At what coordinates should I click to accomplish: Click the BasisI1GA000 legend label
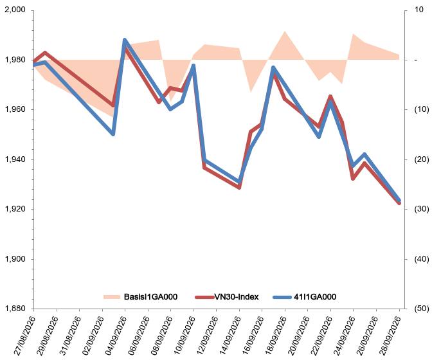(x=150, y=296)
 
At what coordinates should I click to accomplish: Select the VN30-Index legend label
(x=237, y=296)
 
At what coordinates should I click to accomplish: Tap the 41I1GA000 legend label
(x=315, y=296)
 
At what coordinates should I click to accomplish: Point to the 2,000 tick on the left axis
(x=15, y=10)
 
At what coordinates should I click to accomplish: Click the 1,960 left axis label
(x=15, y=109)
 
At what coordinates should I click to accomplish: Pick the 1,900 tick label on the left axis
(x=15, y=259)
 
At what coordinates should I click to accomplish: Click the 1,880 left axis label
(x=15, y=309)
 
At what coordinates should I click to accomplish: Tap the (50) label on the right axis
(x=422, y=309)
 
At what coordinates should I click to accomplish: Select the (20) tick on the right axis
(x=422, y=159)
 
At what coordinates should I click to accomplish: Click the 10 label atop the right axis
(x=419, y=10)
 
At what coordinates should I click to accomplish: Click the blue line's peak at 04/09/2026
(x=125, y=40)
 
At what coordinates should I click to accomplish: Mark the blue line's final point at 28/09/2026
(x=399, y=200)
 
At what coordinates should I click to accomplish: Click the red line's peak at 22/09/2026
(x=330, y=96)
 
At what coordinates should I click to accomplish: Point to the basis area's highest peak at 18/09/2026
(x=285, y=31)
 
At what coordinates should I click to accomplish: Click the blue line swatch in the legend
(x=282, y=297)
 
